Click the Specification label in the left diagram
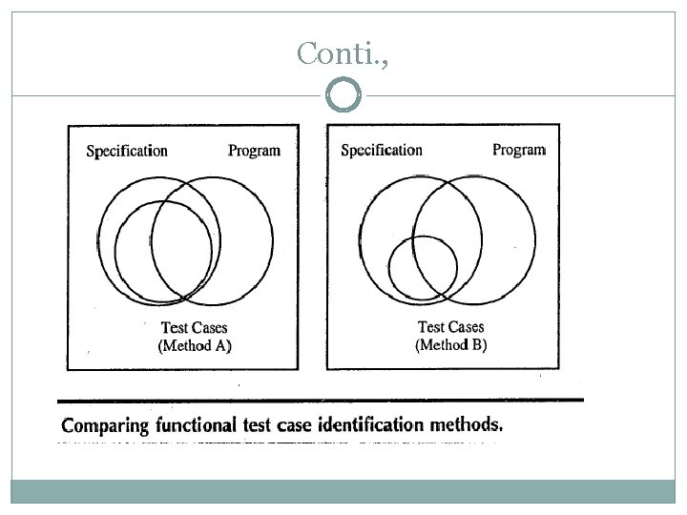(x=127, y=151)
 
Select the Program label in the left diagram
(x=255, y=150)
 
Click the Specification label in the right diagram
(x=382, y=150)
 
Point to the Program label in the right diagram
(x=518, y=150)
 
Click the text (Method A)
(x=194, y=345)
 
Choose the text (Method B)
(x=450, y=344)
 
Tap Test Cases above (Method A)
(x=194, y=328)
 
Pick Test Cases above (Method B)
(x=450, y=327)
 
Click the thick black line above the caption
(x=320, y=400)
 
